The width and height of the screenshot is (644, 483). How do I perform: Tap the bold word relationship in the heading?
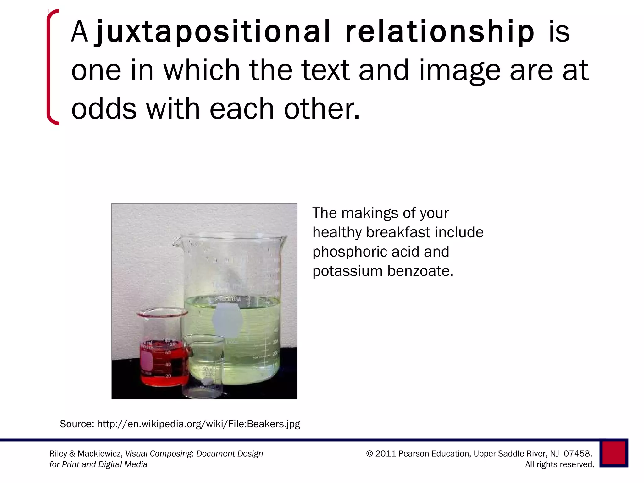(x=440, y=32)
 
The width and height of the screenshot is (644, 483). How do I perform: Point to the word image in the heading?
(x=459, y=70)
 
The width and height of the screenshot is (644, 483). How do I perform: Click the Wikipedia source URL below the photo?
(x=198, y=424)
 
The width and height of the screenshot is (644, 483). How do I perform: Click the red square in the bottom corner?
(x=613, y=453)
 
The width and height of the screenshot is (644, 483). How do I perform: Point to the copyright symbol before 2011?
(x=369, y=454)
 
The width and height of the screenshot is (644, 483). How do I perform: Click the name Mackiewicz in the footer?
(x=99, y=454)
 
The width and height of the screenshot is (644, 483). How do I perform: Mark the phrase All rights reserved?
(x=560, y=464)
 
